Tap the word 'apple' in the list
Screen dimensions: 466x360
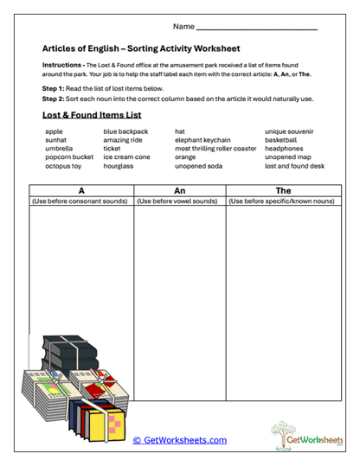coord(54,131)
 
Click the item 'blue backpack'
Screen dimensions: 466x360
coord(125,131)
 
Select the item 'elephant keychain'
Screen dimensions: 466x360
coord(202,140)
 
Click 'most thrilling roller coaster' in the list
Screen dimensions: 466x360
coord(215,149)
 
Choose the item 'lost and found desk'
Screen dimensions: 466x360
coord(294,166)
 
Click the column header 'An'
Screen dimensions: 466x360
coord(179,189)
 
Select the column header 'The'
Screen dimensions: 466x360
coord(282,189)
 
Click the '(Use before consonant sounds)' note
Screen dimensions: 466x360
coord(80,201)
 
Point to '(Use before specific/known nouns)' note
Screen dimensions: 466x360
coord(282,201)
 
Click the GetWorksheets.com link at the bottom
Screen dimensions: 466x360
coord(179,440)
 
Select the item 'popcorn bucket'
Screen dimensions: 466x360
coord(69,157)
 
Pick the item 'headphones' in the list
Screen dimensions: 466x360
coord(286,149)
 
